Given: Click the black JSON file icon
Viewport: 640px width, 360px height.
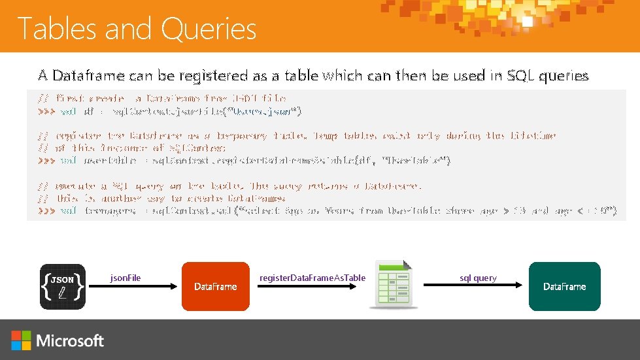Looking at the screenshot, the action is (x=63, y=286).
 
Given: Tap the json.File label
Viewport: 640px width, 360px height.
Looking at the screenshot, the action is (x=125, y=278).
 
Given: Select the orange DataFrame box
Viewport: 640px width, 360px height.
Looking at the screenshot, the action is (x=216, y=286).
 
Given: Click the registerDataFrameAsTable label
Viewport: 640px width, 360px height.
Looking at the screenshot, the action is (x=312, y=278).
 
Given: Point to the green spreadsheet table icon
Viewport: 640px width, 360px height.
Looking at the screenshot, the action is (x=394, y=285).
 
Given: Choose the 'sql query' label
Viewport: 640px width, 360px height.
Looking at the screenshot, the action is (x=478, y=278).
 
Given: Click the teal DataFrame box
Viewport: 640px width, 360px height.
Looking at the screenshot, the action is (x=564, y=286).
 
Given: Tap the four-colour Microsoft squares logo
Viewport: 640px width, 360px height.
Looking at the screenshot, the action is (x=21, y=340).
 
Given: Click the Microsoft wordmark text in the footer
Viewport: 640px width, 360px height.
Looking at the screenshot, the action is (x=71, y=340).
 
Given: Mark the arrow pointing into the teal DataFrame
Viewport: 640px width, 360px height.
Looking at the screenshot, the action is (x=473, y=286).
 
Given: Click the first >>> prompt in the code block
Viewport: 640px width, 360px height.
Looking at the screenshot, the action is (x=46, y=111).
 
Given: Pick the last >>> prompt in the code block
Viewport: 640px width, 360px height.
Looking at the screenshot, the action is (x=46, y=210).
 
